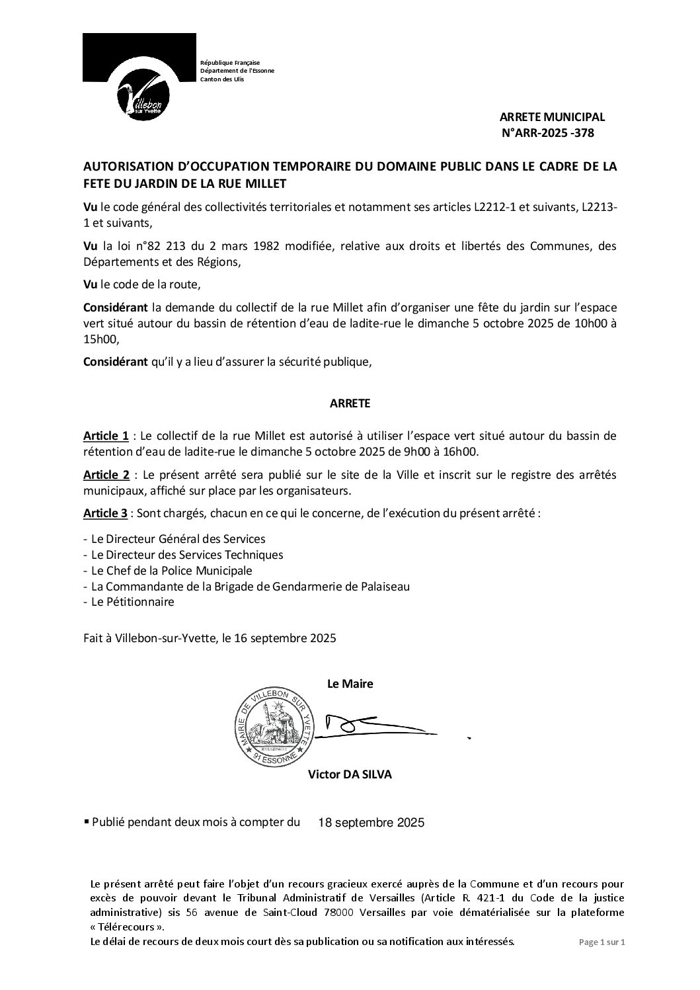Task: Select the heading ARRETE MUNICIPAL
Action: (x=552, y=117)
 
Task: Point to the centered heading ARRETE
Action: (x=350, y=403)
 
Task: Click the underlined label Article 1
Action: (x=106, y=436)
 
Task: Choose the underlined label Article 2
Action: (x=106, y=476)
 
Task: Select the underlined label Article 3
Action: (x=106, y=514)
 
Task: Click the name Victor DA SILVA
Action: (x=350, y=775)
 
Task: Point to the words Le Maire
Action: (x=350, y=684)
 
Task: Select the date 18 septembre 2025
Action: (x=371, y=823)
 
